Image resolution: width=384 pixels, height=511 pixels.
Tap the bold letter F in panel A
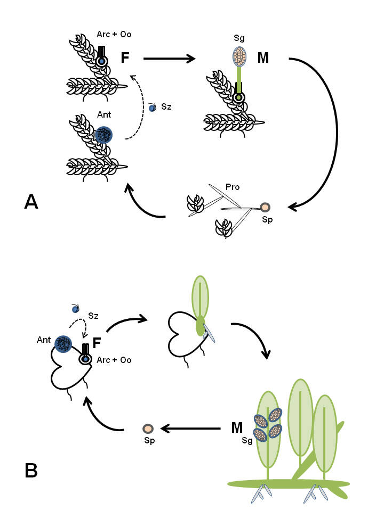(125, 57)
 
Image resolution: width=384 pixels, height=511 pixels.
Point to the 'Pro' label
(233, 187)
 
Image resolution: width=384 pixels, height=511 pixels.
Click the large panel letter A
(31, 203)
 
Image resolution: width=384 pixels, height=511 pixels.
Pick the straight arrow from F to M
(170, 59)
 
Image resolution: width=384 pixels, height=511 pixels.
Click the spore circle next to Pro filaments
(265, 207)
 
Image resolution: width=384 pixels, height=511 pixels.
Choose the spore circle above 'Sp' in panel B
(148, 428)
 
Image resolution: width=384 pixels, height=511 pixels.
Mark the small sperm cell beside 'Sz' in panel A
(152, 108)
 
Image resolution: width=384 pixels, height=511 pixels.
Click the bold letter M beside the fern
(237, 427)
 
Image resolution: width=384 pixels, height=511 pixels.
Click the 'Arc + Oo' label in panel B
(114, 360)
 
